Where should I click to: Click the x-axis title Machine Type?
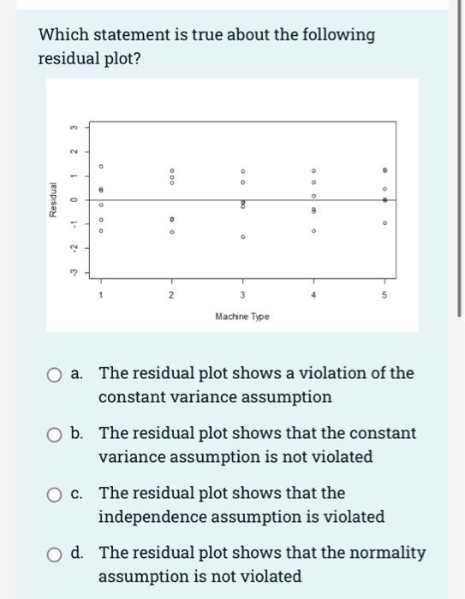click(x=243, y=317)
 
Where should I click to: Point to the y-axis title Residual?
click(x=54, y=202)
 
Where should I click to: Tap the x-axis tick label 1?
click(x=100, y=295)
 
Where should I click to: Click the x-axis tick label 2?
click(x=170, y=295)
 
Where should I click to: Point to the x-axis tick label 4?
click(x=313, y=295)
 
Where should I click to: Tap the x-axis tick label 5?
click(x=385, y=295)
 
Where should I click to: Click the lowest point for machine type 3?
click(x=242, y=237)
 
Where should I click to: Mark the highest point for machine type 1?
click(x=100, y=167)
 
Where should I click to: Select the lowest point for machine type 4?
click(x=313, y=230)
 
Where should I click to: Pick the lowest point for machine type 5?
click(x=385, y=226)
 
